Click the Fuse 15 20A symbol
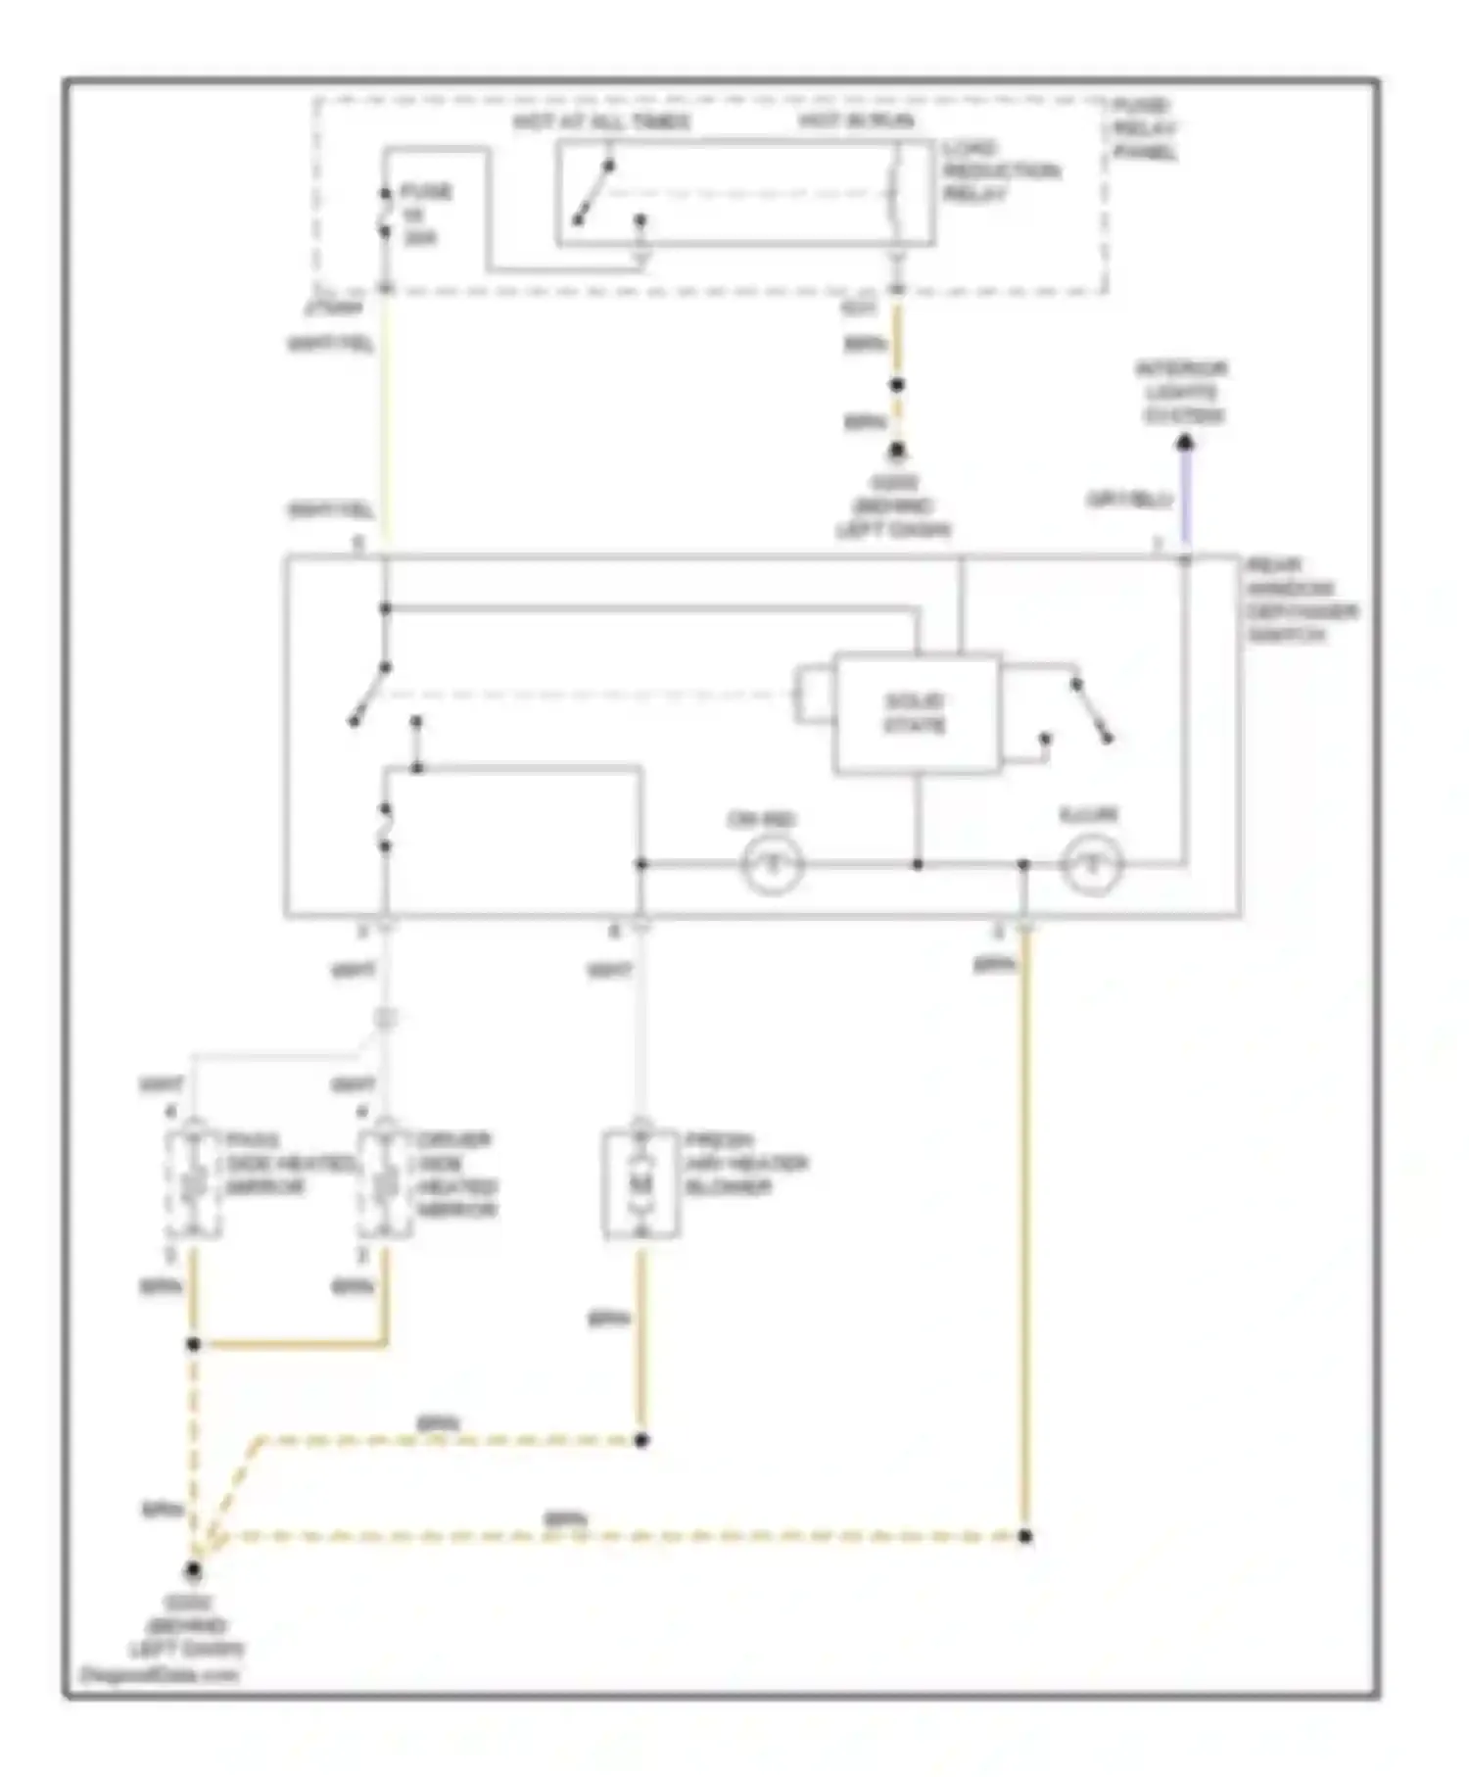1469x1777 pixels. pyautogui.click(x=385, y=213)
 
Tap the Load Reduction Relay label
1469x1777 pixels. pyautogui.click(x=1000, y=171)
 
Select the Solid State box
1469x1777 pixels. pyautogui.click(x=916, y=713)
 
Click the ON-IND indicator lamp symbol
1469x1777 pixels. pyautogui.click(x=772, y=865)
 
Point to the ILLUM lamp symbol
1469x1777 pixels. pyautogui.click(x=1091, y=865)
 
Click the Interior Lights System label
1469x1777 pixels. pyautogui.click(x=1183, y=392)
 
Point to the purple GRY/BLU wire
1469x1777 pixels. pyautogui.click(x=1184, y=500)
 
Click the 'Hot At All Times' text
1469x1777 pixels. pyautogui.click(x=600, y=122)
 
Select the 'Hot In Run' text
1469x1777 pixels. pyautogui.click(x=856, y=121)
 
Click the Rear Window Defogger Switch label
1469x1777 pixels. pyautogui.click(x=1301, y=600)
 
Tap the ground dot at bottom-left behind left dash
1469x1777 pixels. pyautogui.click(x=193, y=1570)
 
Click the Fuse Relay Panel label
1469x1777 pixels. pyautogui.click(x=1143, y=128)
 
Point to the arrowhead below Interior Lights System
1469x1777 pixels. pyautogui.click(x=1184, y=444)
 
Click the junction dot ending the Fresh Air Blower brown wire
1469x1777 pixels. pyautogui.click(x=641, y=1440)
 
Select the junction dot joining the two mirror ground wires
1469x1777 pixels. pyautogui.click(x=193, y=1344)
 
